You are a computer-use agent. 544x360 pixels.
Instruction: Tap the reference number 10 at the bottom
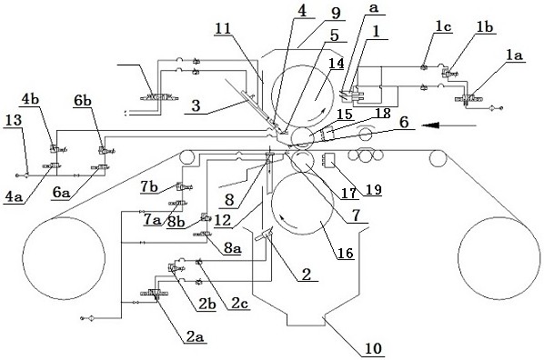[373, 348]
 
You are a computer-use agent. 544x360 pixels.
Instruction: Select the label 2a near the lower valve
[195, 336]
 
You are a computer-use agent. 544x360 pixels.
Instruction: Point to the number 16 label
[345, 253]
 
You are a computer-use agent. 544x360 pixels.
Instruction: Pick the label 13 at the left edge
[14, 121]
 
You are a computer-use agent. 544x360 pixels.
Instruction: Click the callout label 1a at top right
[515, 55]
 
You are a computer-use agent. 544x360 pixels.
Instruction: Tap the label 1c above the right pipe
[444, 27]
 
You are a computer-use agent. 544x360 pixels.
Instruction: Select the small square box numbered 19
[329, 160]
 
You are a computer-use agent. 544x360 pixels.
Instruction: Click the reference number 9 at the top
[336, 13]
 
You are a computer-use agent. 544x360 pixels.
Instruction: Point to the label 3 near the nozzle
[196, 105]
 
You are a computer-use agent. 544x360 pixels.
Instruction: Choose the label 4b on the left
[31, 99]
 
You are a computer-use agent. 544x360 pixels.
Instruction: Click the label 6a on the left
[61, 193]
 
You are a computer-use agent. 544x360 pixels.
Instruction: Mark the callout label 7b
[149, 187]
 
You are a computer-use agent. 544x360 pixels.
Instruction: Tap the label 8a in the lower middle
[233, 248]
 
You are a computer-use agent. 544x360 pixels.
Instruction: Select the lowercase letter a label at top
[374, 8]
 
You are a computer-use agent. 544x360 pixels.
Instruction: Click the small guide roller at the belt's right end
[438, 158]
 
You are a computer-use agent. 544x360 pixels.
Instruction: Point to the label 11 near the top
[223, 28]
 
